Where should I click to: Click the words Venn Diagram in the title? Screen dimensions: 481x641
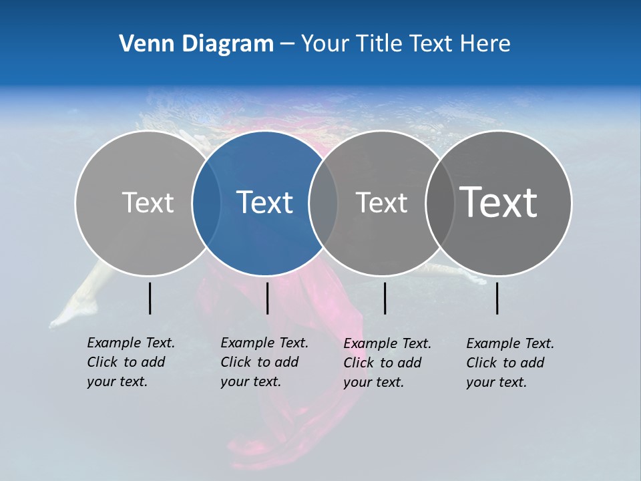point(196,44)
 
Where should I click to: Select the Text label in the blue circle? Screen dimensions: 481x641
point(265,202)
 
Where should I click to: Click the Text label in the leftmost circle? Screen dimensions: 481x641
point(148,202)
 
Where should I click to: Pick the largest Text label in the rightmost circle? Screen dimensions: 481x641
point(499,202)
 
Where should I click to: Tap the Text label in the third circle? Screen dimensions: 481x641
point(381,202)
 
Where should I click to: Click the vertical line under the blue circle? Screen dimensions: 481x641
point(267,298)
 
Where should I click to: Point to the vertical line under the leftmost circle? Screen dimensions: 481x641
point(150,298)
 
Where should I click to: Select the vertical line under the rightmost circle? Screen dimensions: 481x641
point(497,298)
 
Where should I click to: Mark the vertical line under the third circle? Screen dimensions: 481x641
point(385,298)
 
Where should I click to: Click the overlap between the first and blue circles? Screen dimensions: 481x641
point(206,202)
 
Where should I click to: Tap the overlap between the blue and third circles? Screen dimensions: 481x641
point(323,202)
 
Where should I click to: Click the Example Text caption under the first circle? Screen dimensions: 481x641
point(130,362)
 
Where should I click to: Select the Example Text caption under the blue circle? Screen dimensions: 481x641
point(264,362)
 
